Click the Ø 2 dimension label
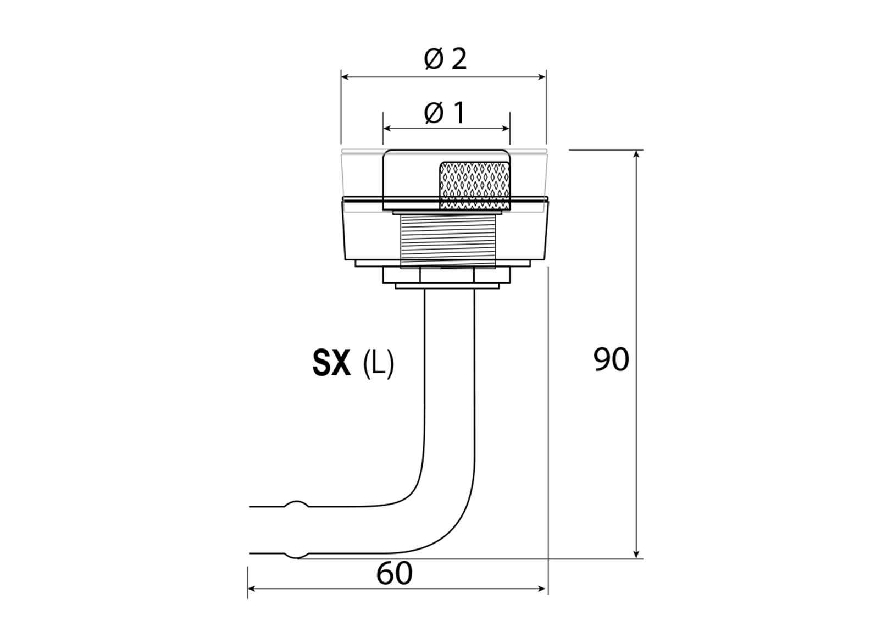tap(445, 59)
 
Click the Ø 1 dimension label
tap(445, 113)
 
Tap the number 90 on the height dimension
tap(611, 360)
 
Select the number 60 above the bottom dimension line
tap(394, 573)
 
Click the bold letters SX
tap(331, 363)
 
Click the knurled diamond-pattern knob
tap(475, 185)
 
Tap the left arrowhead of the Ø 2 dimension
tap(345, 77)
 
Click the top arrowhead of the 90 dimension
tap(636, 154)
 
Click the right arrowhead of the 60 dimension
tap(544, 589)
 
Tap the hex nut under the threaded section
tap(446, 275)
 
